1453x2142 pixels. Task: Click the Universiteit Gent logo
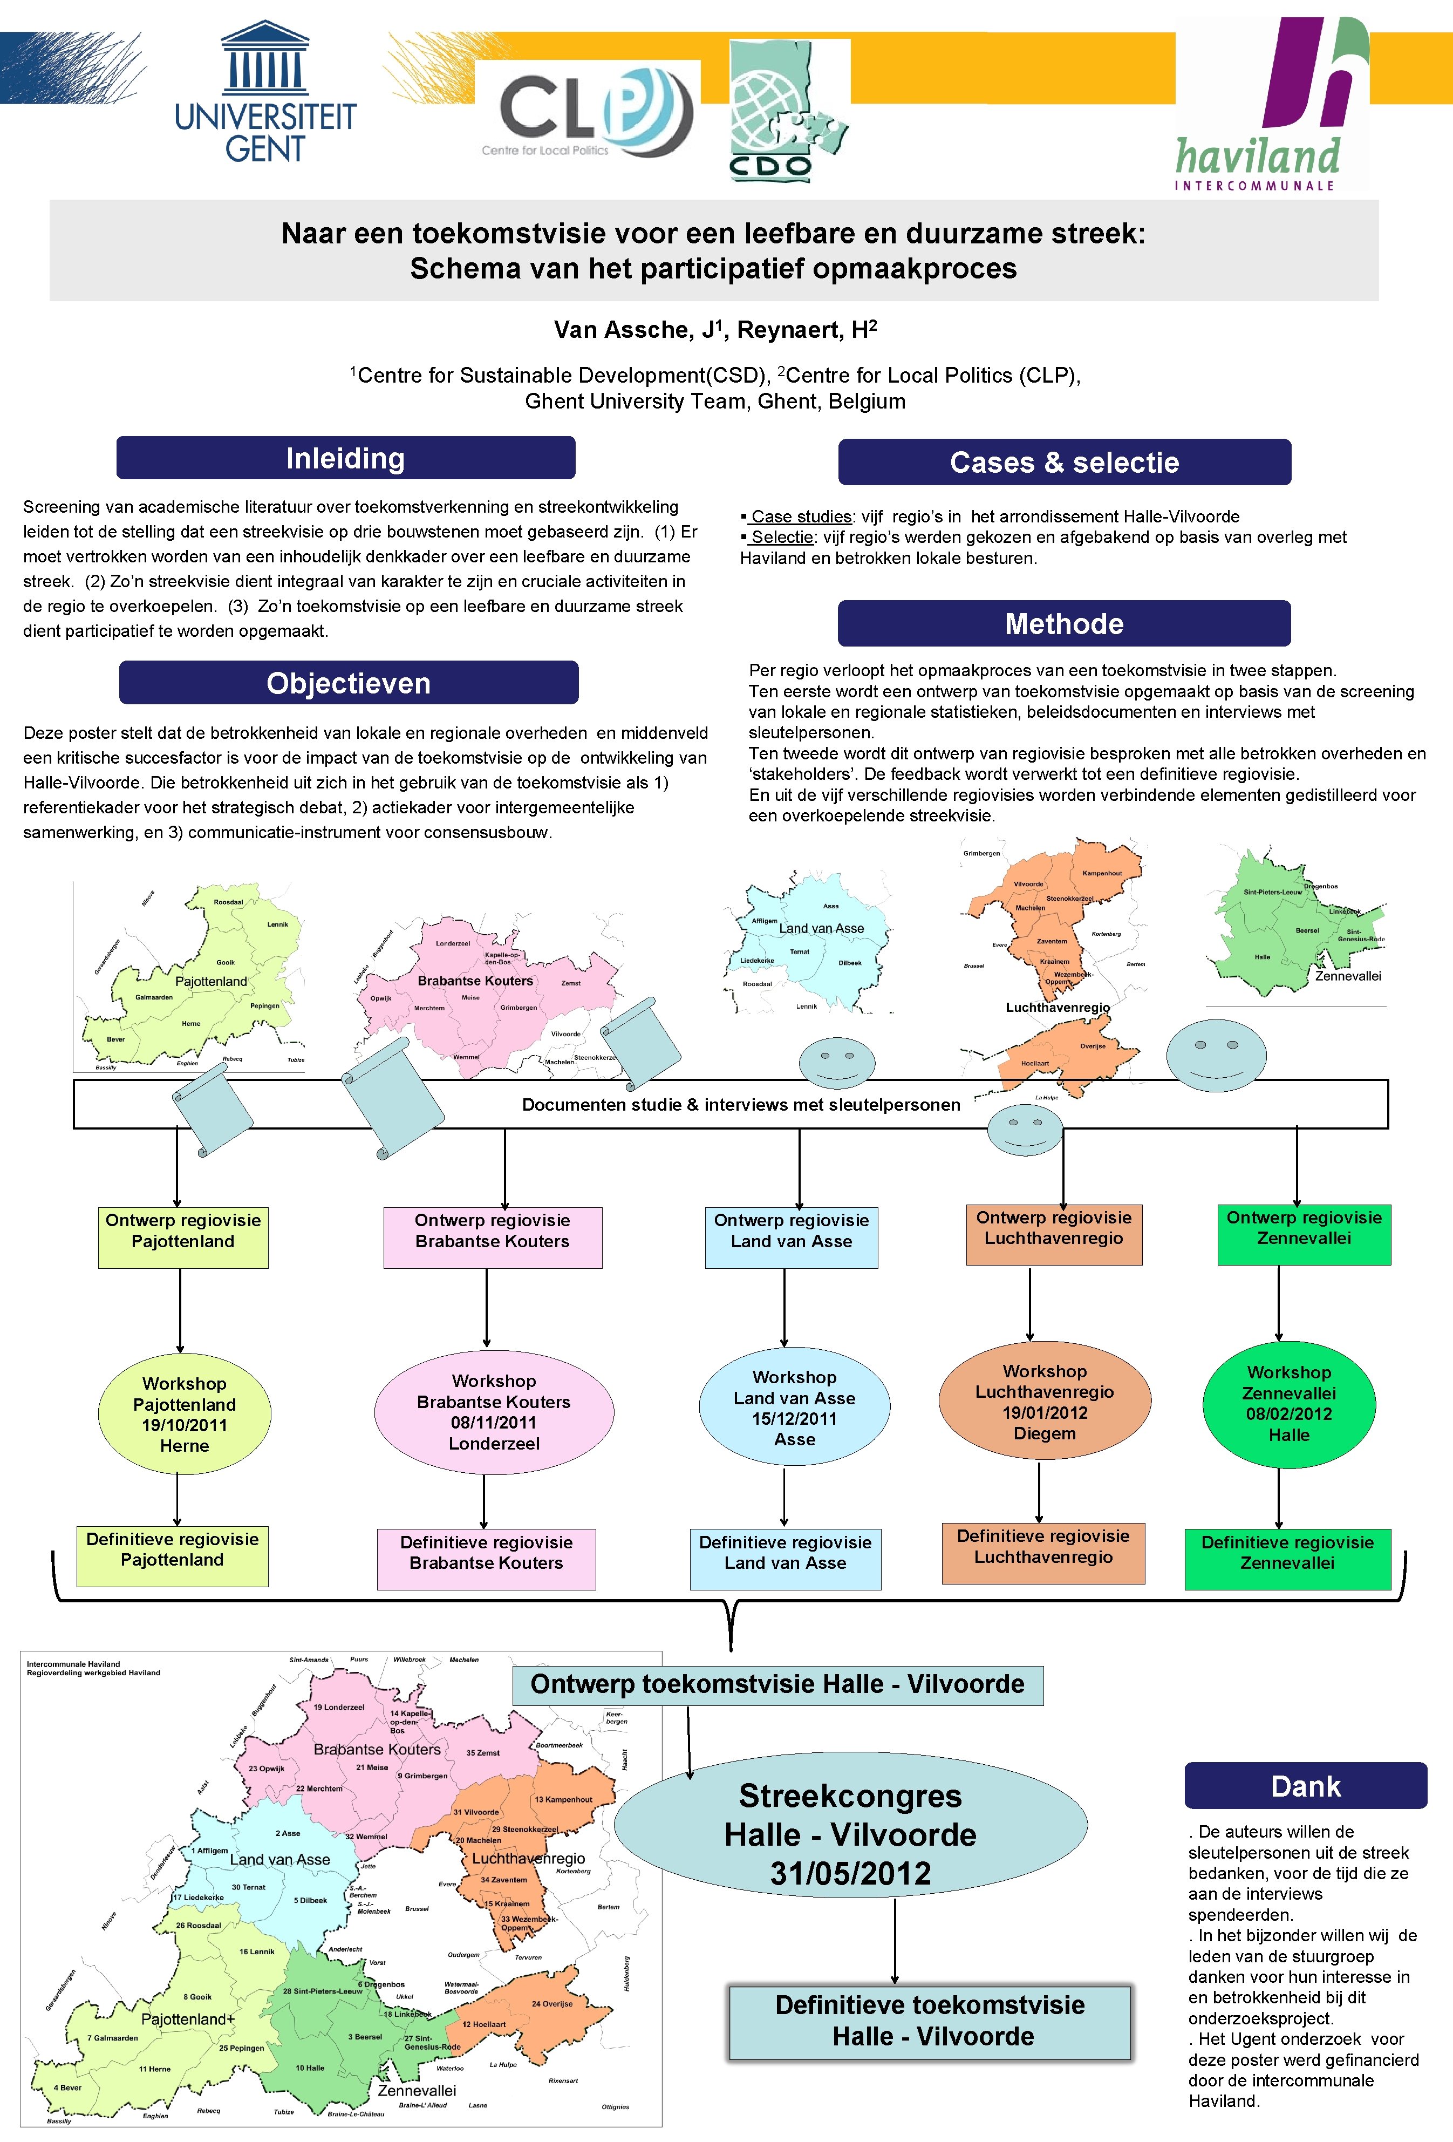(x=265, y=92)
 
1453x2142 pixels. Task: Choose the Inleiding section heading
(x=345, y=458)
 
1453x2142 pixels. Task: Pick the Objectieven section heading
(x=349, y=683)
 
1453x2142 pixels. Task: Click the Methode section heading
(x=1063, y=624)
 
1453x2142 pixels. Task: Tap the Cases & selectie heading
(x=1063, y=462)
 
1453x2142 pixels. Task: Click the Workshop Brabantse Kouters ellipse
(x=494, y=1412)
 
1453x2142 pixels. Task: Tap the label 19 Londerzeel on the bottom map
(x=339, y=1707)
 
